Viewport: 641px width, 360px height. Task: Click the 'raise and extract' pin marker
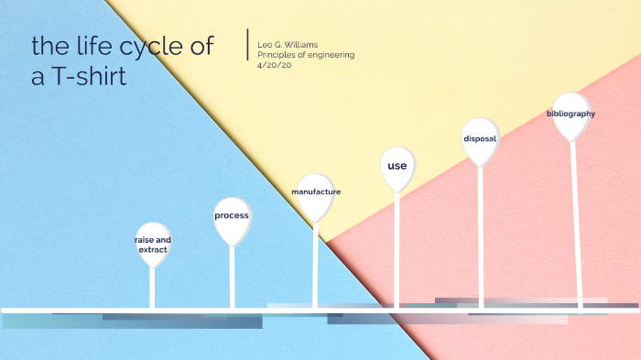click(x=153, y=244)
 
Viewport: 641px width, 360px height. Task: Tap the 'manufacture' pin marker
click(x=315, y=193)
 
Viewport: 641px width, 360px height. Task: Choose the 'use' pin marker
click(x=397, y=167)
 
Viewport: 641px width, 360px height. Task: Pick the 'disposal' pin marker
click(x=480, y=139)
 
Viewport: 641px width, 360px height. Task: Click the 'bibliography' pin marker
click(x=570, y=115)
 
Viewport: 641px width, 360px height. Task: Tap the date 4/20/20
click(x=272, y=65)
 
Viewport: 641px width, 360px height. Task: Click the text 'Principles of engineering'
click(x=306, y=55)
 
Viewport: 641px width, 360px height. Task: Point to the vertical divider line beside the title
click(x=247, y=46)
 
